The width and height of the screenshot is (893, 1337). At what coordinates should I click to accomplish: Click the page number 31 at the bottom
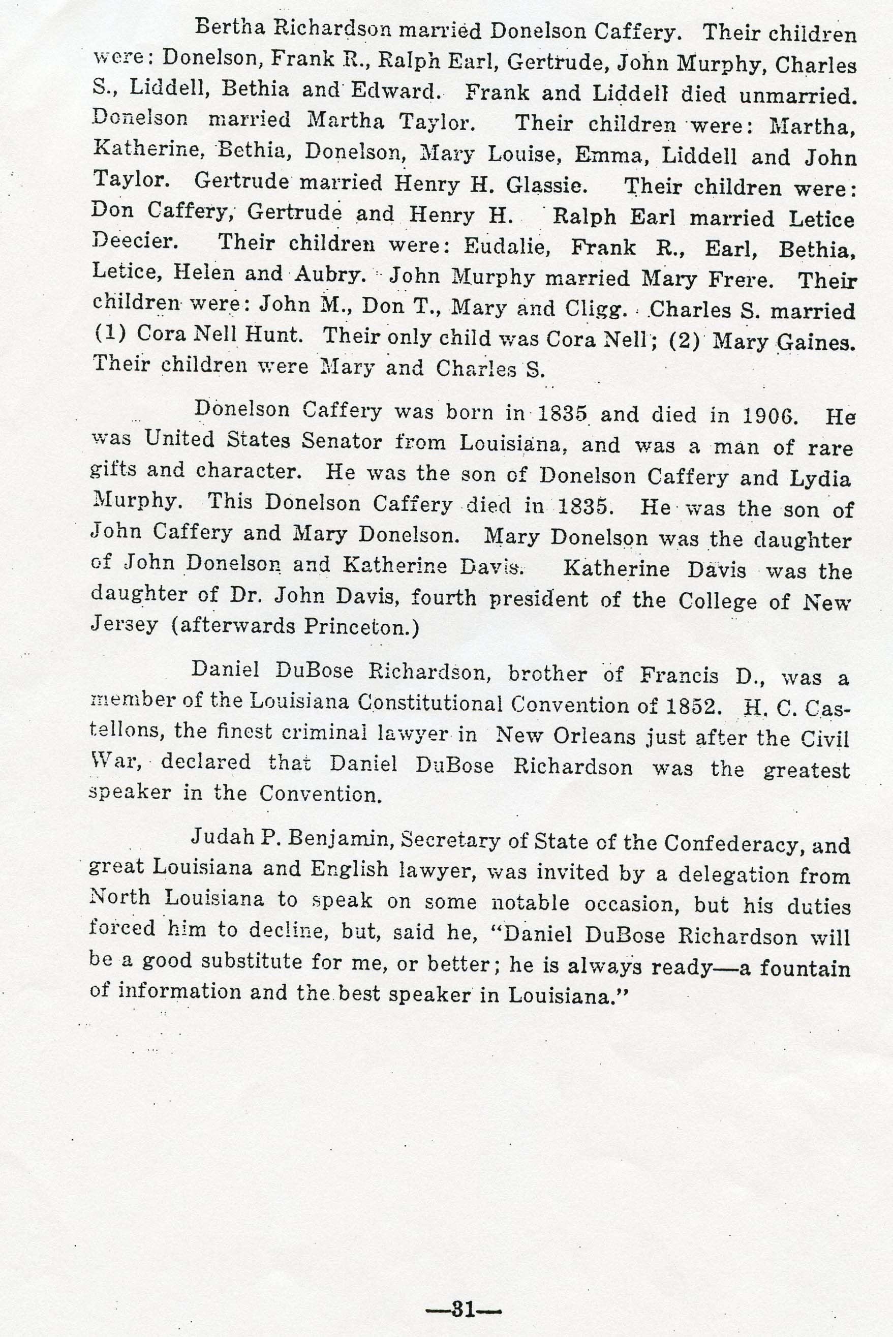tap(463, 1291)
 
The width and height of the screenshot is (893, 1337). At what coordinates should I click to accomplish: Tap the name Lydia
tap(820, 478)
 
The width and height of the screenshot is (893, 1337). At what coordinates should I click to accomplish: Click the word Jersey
tap(124, 625)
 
